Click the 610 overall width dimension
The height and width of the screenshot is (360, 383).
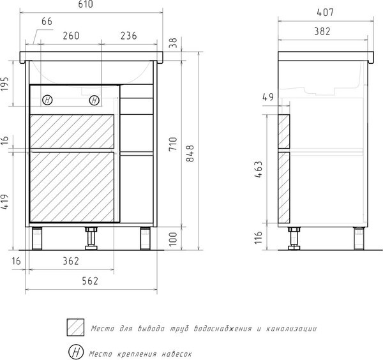86,4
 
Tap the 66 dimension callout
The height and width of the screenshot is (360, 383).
47,22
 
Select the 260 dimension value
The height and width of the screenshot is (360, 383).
71,36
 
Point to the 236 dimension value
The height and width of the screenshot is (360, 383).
128,36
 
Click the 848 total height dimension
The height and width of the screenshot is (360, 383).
190,153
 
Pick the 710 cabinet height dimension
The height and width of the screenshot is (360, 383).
173,144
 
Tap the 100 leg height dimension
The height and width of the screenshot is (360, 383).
173,239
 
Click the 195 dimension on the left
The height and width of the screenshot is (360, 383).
4,84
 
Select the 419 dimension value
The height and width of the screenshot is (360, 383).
4,202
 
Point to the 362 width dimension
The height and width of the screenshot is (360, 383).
71,261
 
